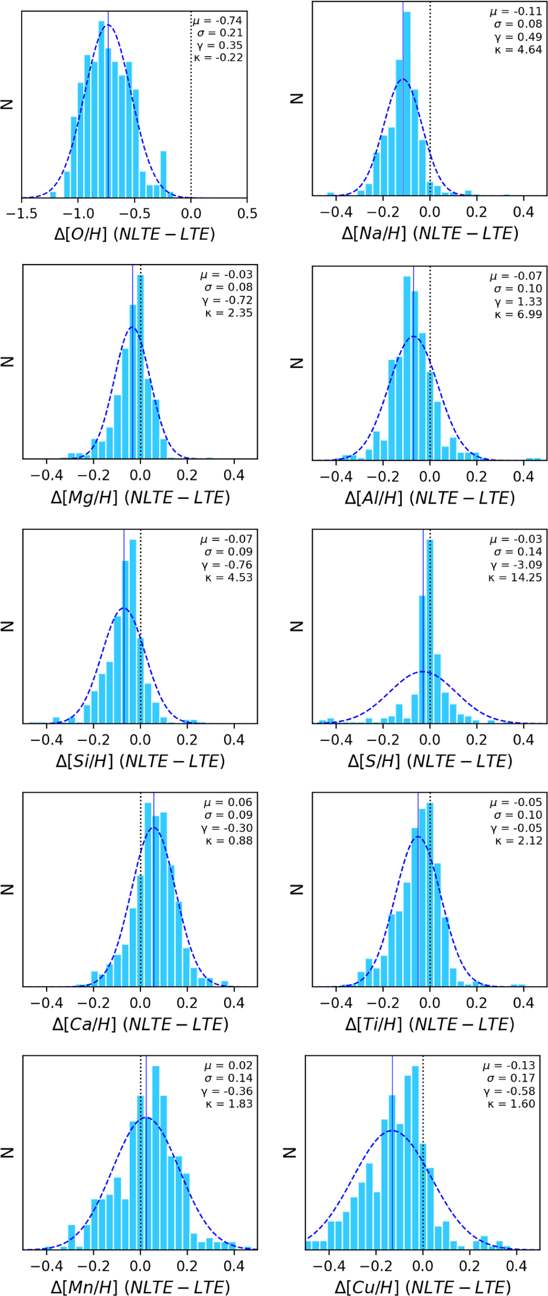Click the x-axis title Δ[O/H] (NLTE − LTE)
tap(134, 234)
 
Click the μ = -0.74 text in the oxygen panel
tap(218, 21)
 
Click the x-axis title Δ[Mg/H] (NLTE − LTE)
tap(140, 498)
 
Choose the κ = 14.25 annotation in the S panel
tap(515, 578)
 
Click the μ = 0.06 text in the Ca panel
tap(228, 802)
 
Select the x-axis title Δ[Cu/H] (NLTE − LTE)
tap(423, 1287)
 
